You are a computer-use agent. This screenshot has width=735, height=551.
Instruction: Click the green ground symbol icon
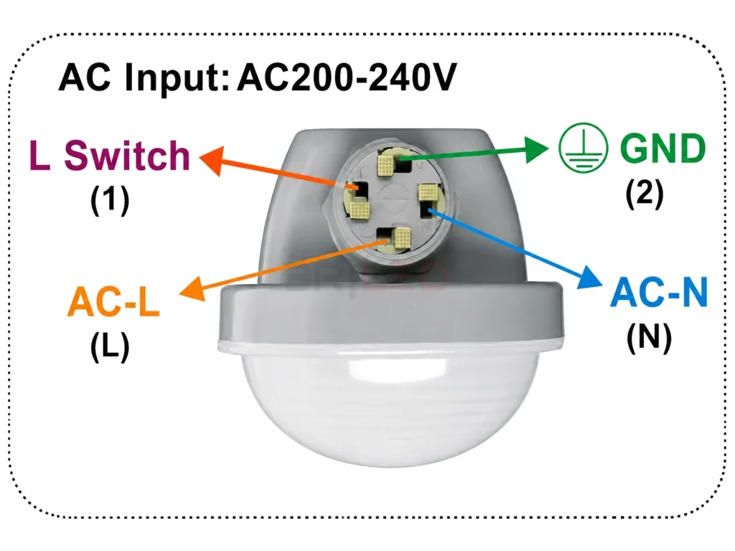tap(583, 148)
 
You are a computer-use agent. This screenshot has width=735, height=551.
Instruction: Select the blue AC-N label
tap(659, 292)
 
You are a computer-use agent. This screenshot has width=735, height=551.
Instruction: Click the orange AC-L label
tap(113, 302)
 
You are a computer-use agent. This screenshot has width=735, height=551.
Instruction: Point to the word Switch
tap(127, 155)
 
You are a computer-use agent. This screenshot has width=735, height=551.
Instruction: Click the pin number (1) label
tap(110, 200)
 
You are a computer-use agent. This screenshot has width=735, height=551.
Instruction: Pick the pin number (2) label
tap(645, 193)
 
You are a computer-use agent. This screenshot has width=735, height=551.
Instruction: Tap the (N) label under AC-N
tap(649, 337)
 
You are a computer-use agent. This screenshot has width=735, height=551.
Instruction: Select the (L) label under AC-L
tap(110, 347)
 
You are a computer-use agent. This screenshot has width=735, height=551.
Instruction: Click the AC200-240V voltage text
tap(347, 77)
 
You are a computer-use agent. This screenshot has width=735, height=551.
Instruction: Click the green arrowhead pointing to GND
tap(536, 150)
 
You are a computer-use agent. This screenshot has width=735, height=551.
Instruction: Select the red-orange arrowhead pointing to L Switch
tap(212, 159)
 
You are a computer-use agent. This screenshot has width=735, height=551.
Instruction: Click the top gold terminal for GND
tap(386, 164)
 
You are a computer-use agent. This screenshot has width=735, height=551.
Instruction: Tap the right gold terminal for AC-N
tap(428, 192)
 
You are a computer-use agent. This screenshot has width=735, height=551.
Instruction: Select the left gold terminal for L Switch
tap(360, 209)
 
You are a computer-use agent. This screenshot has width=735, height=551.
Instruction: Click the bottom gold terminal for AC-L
tap(402, 237)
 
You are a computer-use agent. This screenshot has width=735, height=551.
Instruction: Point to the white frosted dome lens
tap(390, 403)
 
